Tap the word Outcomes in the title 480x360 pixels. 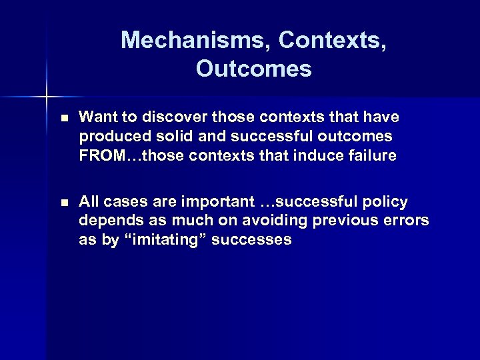click(x=254, y=69)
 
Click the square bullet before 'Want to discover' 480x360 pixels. click(x=63, y=118)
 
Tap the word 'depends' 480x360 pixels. click(x=108, y=221)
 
